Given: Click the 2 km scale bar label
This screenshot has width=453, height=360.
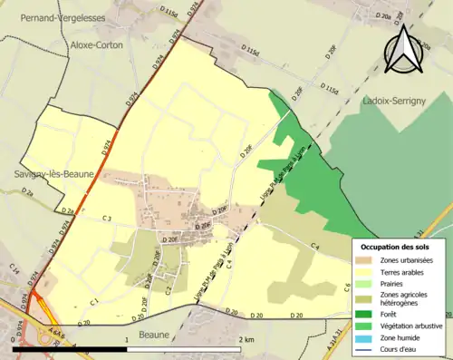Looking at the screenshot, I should (246, 338).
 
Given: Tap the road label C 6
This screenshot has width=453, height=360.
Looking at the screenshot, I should (347, 287).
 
